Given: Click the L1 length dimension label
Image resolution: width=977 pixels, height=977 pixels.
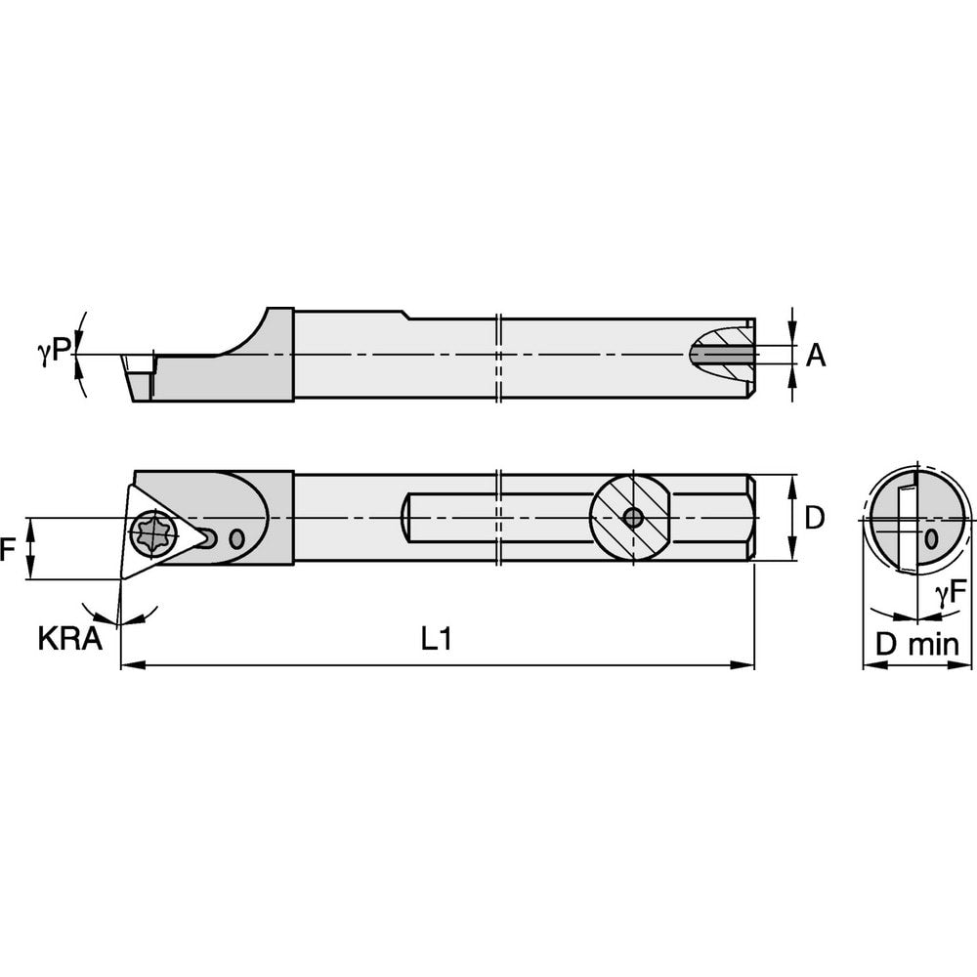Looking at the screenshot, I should tap(436, 640).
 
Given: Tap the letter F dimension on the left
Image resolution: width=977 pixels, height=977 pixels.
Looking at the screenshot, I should tap(9, 550).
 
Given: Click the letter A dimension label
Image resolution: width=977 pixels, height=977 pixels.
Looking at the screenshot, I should tap(816, 357).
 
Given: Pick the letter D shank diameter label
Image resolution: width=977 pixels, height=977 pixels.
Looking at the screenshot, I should tap(814, 519).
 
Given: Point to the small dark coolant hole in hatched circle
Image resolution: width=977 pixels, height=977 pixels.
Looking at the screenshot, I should tap(633, 519).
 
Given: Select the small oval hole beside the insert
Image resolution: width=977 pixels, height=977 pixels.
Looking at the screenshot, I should tap(234, 538).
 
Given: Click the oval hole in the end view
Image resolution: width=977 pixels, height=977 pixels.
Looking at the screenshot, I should tap(931, 537).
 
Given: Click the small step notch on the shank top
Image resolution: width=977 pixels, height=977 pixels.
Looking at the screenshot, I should tap(405, 314).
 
